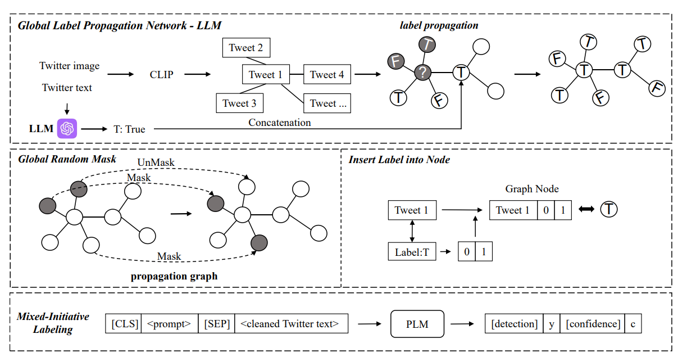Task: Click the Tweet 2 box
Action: [245, 48]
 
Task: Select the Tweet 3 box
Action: [239, 103]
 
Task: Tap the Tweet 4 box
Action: [327, 74]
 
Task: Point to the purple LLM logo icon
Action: [67, 129]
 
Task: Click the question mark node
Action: [422, 72]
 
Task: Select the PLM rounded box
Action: [417, 323]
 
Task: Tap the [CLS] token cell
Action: [123, 323]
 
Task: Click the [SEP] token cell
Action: [217, 323]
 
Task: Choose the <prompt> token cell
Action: [169, 323]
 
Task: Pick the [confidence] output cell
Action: [592, 323]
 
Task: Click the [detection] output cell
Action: [514, 323]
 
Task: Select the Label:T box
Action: [412, 251]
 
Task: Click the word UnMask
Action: [156, 163]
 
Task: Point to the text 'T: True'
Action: [129, 129]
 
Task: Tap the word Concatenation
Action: [280, 122]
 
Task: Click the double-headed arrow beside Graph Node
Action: [586, 210]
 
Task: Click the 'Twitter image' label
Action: [69, 66]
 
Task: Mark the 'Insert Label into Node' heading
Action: [399, 160]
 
